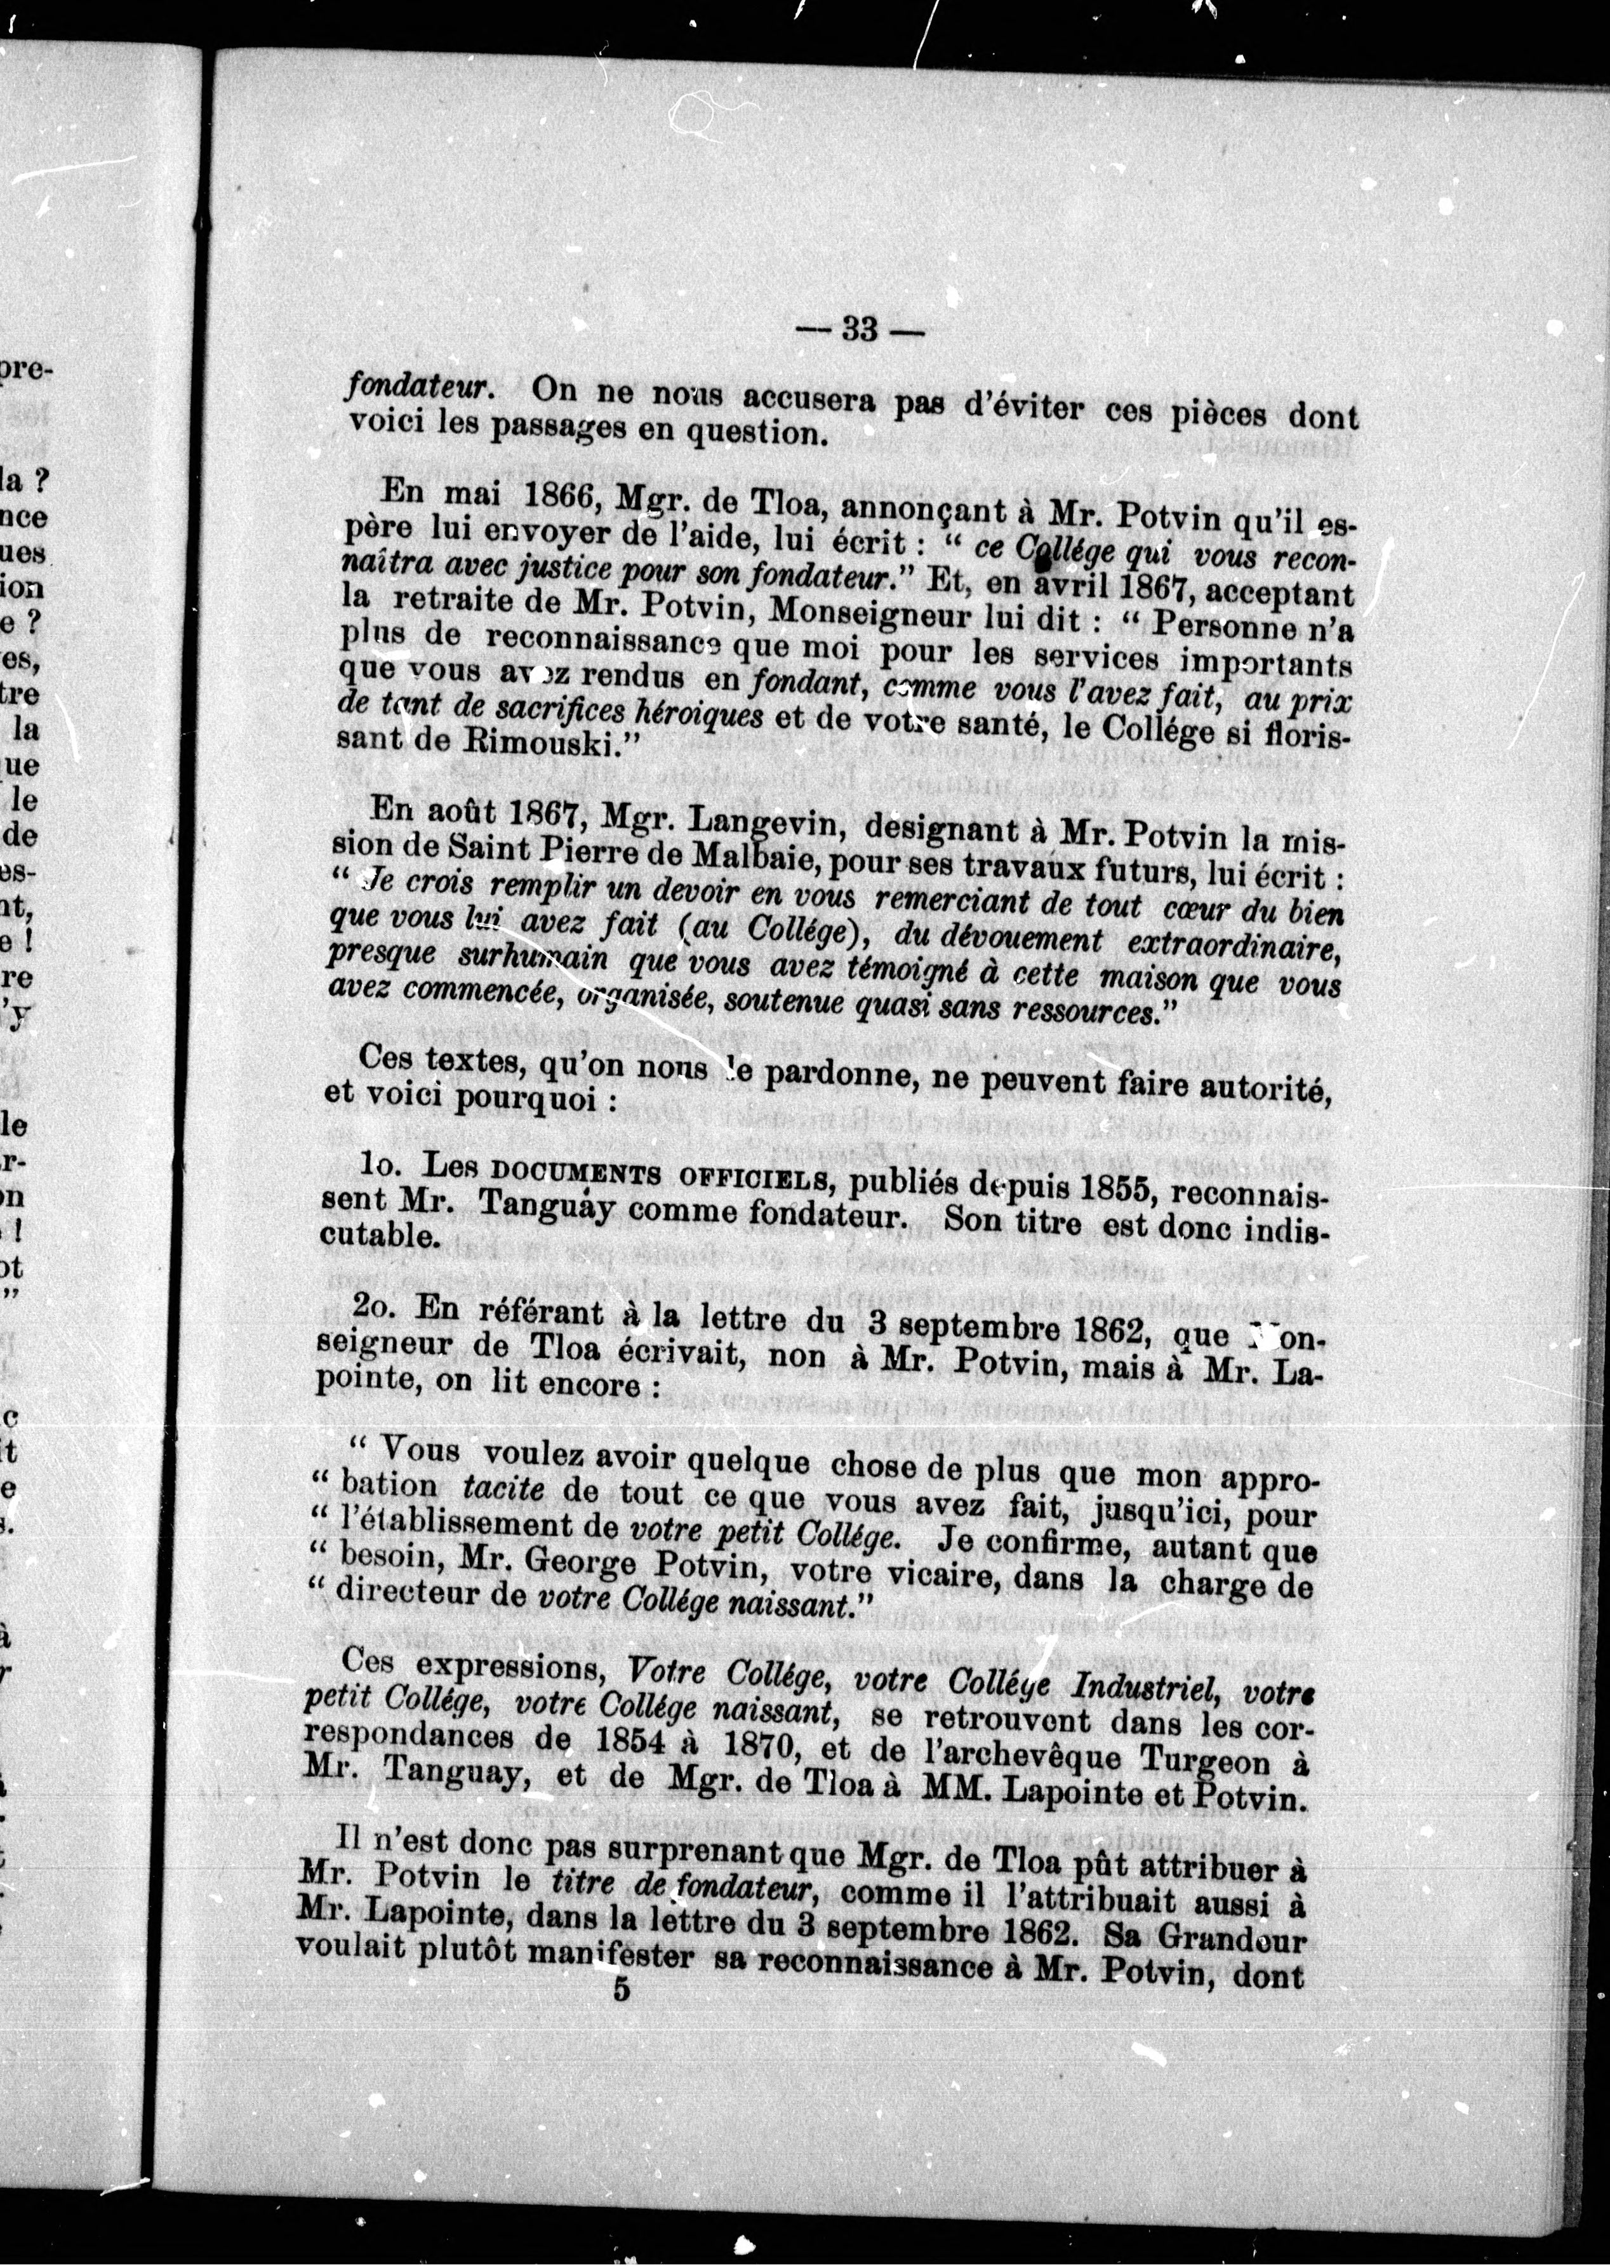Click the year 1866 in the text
point(546,496)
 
